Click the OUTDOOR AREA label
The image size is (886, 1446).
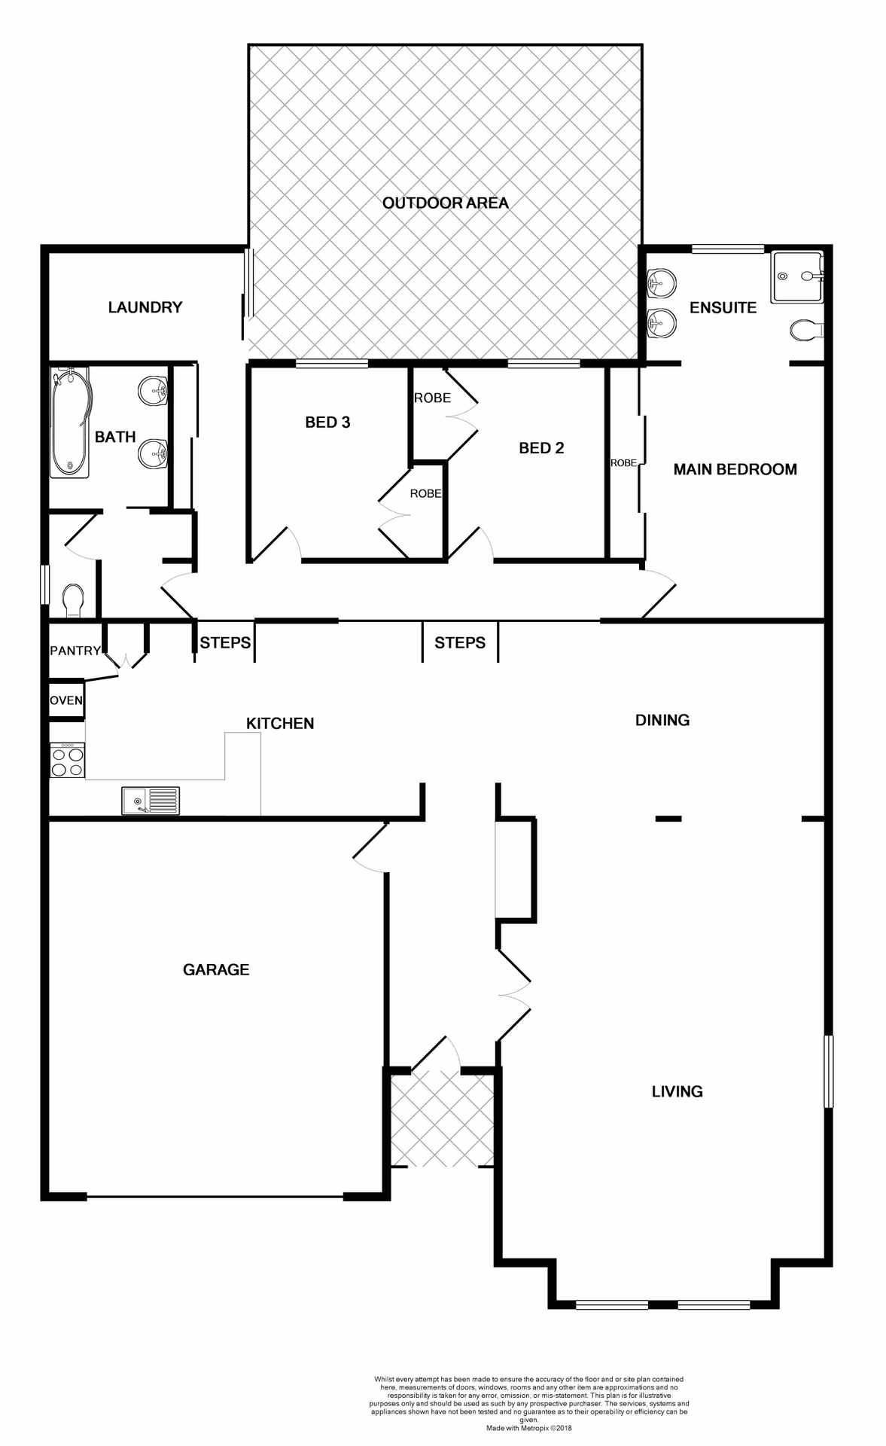click(445, 203)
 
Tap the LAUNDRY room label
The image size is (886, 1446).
click(145, 307)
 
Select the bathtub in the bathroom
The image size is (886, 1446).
click(69, 423)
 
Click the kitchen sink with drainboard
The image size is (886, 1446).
click(151, 801)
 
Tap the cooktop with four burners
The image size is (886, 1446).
click(67, 761)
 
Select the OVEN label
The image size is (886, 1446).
click(66, 700)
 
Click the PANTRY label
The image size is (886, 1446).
click(75, 651)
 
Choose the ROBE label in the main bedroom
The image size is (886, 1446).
click(623, 463)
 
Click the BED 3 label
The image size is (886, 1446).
click(327, 423)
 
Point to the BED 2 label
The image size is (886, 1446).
click(541, 448)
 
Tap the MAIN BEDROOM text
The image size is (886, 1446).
click(735, 469)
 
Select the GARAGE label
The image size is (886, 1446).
click(216, 969)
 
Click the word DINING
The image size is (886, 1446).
click(662, 720)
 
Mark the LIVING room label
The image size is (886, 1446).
click(677, 1091)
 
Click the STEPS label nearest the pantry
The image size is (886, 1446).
click(225, 642)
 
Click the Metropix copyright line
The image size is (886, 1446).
click(528, 1427)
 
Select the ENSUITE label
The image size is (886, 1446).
click(723, 307)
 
